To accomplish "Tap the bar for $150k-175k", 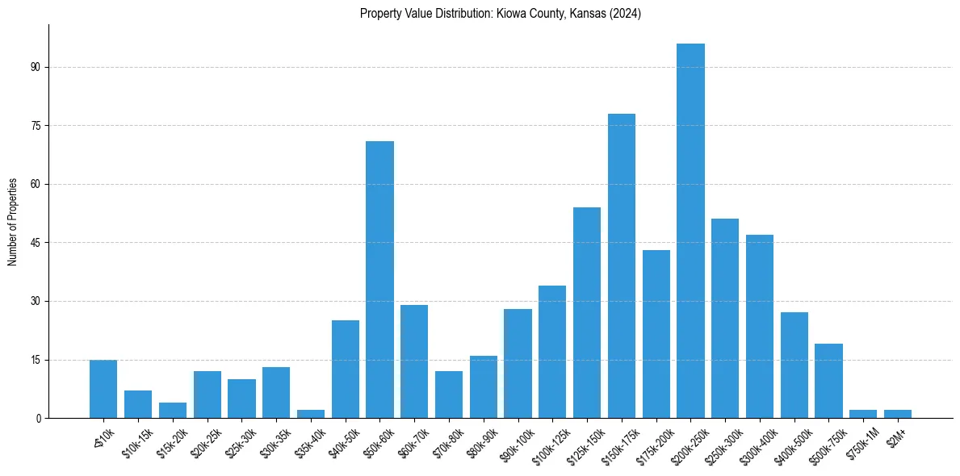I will (622, 265).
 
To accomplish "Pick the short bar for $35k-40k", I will (311, 414).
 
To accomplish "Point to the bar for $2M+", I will (898, 414).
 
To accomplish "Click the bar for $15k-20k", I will (173, 410).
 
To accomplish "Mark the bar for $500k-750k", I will (828, 381).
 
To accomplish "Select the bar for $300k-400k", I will (760, 326).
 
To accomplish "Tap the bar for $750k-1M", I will (863, 414).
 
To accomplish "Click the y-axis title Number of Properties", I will (12, 221).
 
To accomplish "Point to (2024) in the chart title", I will (627, 14).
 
